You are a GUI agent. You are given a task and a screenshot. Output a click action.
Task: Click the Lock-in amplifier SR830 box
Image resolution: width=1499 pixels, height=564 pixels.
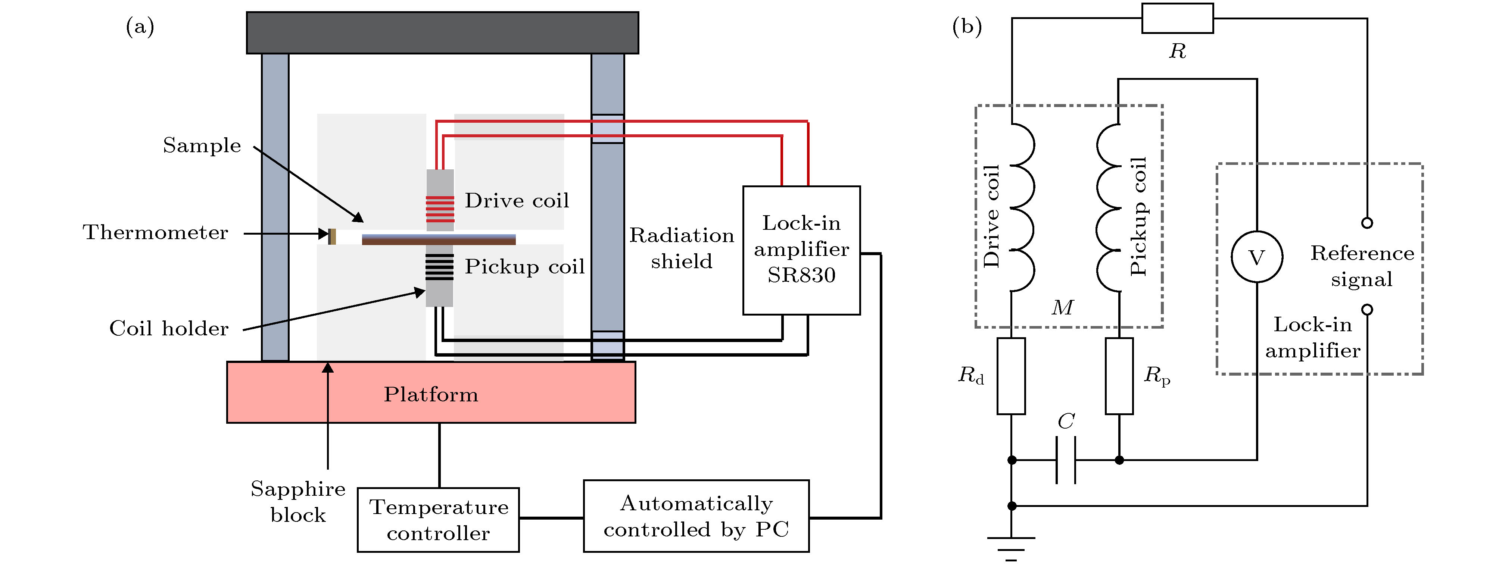pyautogui.click(x=801, y=250)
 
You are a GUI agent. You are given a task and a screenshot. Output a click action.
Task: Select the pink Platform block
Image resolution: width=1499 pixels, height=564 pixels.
pyautogui.click(x=431, y=392)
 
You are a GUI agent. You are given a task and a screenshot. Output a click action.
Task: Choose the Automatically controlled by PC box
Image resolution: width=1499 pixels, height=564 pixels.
pyautogui.click(x=696, y=516)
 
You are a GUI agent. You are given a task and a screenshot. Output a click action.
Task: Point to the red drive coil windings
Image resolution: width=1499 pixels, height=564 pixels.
pyautogui.click(x=440, y=209)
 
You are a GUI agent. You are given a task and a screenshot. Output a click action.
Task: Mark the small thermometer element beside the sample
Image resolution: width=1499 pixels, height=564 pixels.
pyautogui.click(x=332, y=236)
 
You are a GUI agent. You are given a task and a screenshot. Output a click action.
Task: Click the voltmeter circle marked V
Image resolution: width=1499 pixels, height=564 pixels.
pyautogui.click(x=1256, y=257)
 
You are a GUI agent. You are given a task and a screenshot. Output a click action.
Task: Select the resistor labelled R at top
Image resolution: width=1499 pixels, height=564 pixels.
pyautogui.click(x=1177, y=19)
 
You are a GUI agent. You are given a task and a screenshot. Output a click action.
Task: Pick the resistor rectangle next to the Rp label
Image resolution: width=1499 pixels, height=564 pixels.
pyautogui.click(x=1119, y=376)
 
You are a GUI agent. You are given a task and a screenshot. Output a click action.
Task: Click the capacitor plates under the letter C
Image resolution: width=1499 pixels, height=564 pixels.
pyautogui.click(x=1066, y=460)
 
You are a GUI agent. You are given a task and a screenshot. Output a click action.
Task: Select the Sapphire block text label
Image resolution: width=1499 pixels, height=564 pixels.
pyautogui.click(x=298, y=501)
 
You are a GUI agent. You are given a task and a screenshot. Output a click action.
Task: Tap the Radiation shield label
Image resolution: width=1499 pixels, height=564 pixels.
pyautogui.click(x=682, y=248)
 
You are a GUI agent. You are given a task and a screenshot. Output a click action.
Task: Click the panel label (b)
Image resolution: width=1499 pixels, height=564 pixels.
pyautogui.click(x=967, y=26)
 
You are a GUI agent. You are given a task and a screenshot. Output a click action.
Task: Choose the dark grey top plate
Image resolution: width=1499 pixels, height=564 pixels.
pyautogui.click(x=442, y=32)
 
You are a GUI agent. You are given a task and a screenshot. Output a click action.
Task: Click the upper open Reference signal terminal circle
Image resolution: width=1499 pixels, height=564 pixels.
pyautogui.click(x=1367, y=223)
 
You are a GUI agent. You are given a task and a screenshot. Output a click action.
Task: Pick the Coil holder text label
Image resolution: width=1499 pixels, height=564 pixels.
pyautogui.click(x=169, y=329)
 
